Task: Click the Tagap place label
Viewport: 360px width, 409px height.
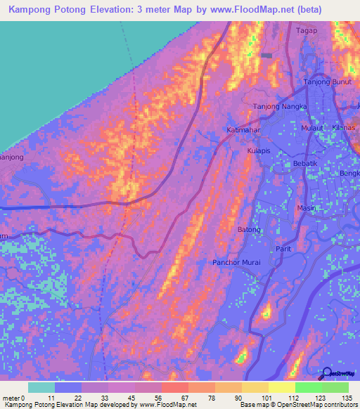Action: [307, 30]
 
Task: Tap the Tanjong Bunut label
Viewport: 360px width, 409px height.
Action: [326, 82]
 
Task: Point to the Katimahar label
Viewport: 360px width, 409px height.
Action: [245, 130]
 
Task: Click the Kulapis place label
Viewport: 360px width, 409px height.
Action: [260, 150]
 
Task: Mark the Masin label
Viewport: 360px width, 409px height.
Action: [307, 208]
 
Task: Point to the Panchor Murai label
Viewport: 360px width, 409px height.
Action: [237, 263]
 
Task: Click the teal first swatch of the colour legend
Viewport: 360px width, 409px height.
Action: [41, 387]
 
